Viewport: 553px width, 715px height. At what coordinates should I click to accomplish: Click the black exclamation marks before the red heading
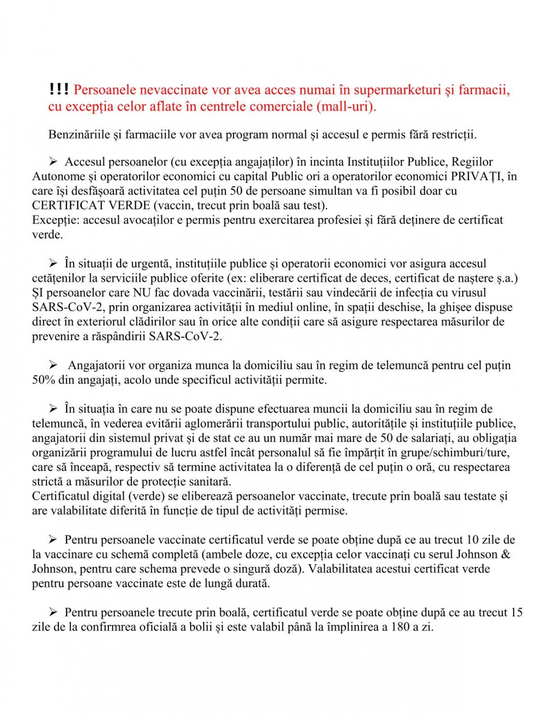click(59, 89)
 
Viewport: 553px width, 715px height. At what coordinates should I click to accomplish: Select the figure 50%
click(43, 380)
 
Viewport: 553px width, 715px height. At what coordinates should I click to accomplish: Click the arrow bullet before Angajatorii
click(53, 365)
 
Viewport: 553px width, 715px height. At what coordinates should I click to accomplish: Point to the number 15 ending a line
click(516, 612)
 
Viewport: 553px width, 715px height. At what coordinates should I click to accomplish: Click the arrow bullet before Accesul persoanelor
click(53, 162)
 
